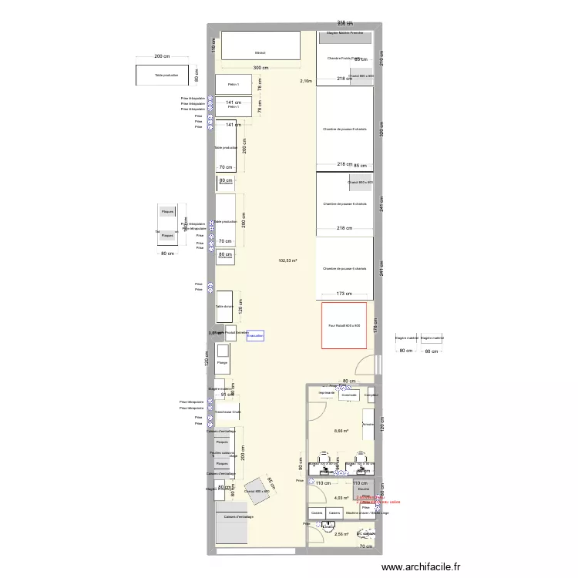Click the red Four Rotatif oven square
344,325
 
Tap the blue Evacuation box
255,336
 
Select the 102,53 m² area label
287,260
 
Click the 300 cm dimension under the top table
260,68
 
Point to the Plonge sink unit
222,362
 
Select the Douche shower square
364,490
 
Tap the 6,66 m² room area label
341,432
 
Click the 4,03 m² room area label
340,498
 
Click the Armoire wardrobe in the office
368,424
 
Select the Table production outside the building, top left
166,76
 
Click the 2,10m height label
307,81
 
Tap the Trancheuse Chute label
228,412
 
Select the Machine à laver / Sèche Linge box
361,513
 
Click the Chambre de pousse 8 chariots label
344,129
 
